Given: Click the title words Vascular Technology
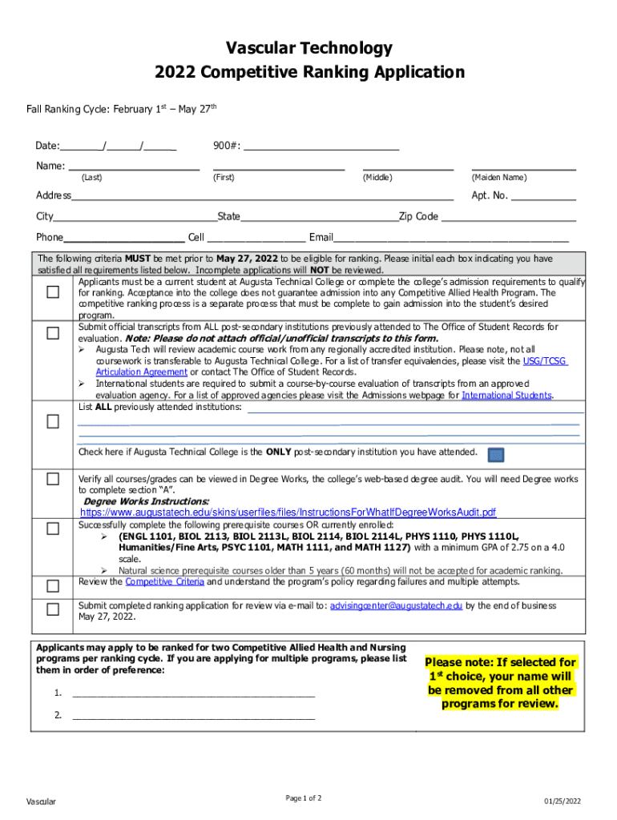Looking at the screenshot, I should point(308,48).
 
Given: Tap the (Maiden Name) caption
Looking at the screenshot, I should point(499,177).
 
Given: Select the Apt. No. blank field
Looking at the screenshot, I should point(543,196).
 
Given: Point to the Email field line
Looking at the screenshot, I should point(451,238).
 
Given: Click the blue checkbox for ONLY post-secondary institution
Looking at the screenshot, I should point(496,455).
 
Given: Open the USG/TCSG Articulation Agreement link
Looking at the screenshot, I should point(545,361).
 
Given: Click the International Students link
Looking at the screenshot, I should point(506,396).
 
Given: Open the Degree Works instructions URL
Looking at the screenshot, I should point(288,512).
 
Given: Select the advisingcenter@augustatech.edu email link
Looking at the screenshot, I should point(396,606).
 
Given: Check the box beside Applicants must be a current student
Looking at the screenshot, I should point(53,292).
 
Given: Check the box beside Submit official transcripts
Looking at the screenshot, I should point(53,332).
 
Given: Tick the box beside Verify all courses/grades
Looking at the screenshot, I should point(53,480).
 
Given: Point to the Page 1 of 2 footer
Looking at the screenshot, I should point(303,798).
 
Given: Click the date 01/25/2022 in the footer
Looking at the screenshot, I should point(562,802).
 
